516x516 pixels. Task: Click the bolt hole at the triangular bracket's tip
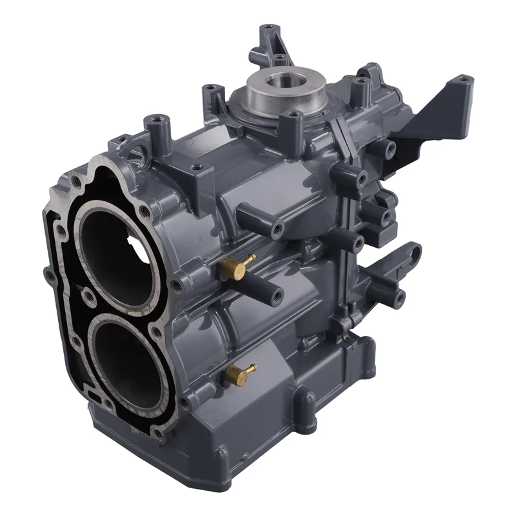click(x=462, y=81)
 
